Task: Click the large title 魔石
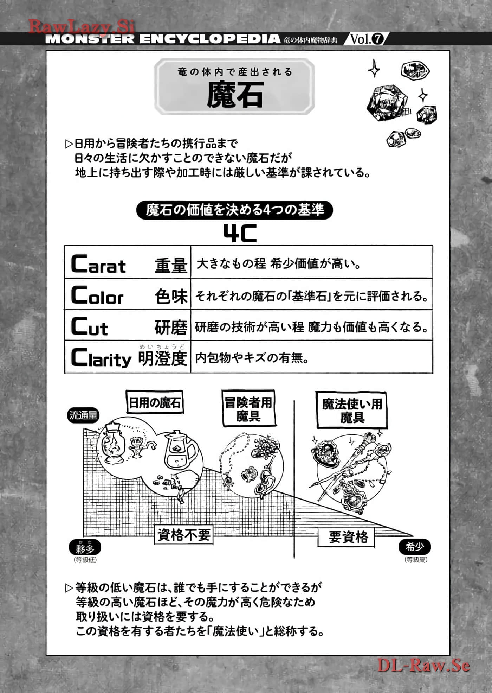[234, 94]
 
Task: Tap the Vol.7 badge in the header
[367, 38]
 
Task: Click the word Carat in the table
[98, 264]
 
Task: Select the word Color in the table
[97, 295]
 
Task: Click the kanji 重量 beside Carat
[171, 265]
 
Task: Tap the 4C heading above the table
[240, 233]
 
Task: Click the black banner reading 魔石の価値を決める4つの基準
[234, 210]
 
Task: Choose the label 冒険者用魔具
[248, 409]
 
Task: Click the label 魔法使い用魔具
[352, 411]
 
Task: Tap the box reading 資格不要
[184, 535]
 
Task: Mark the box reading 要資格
[346, 537]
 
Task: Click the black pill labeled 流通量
[83, 415]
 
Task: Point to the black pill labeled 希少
[415, 547]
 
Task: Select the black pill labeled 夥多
[85, 548]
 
